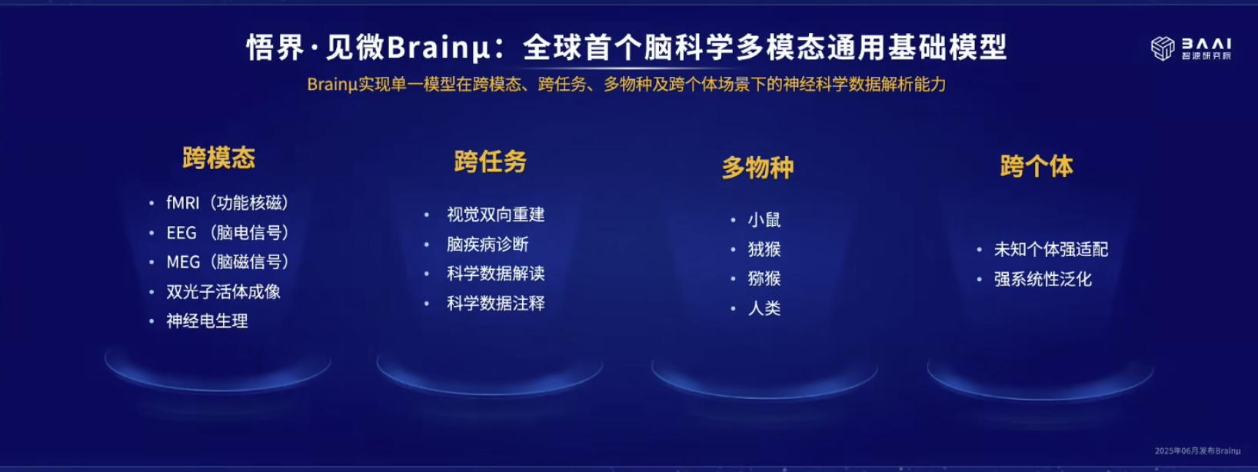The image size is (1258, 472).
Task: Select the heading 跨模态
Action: pyautogui.click(x=219, y=158)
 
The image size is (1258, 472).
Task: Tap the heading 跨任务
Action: pyautogui.click(x=491, y=161)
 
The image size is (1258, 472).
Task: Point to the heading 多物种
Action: pyautogui.click(x=757, y=168)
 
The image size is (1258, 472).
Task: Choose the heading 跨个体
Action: pyautogui.click(x=1037, y=166)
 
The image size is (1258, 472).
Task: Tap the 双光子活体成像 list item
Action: pyautogui.click(x=224, y=292)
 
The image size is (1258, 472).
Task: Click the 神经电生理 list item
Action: pyautogui.click(x=208, y=321)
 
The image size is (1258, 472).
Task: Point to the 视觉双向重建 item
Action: pyautogui.click(x=496, y=214)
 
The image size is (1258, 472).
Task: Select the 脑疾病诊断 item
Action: pyautogui.click(x=488, y=244)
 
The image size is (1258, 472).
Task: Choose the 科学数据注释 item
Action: pyautogui.click(x=496, y=304)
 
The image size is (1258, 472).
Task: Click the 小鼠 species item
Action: pyautogui.click(x=764, y=219)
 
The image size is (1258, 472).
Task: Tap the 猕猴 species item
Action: pyautogui.click(x=764, y=278)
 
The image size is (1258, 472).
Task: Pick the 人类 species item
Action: pyautogui.click(x=764, y=308)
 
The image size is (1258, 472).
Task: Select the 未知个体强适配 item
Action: pyautogui.click(x=1051, y=250)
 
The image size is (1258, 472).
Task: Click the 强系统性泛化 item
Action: pyautogui.click(x=1043, y=279)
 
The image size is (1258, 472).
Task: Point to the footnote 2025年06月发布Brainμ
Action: pyautogui.click(x=1197, y=450)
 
